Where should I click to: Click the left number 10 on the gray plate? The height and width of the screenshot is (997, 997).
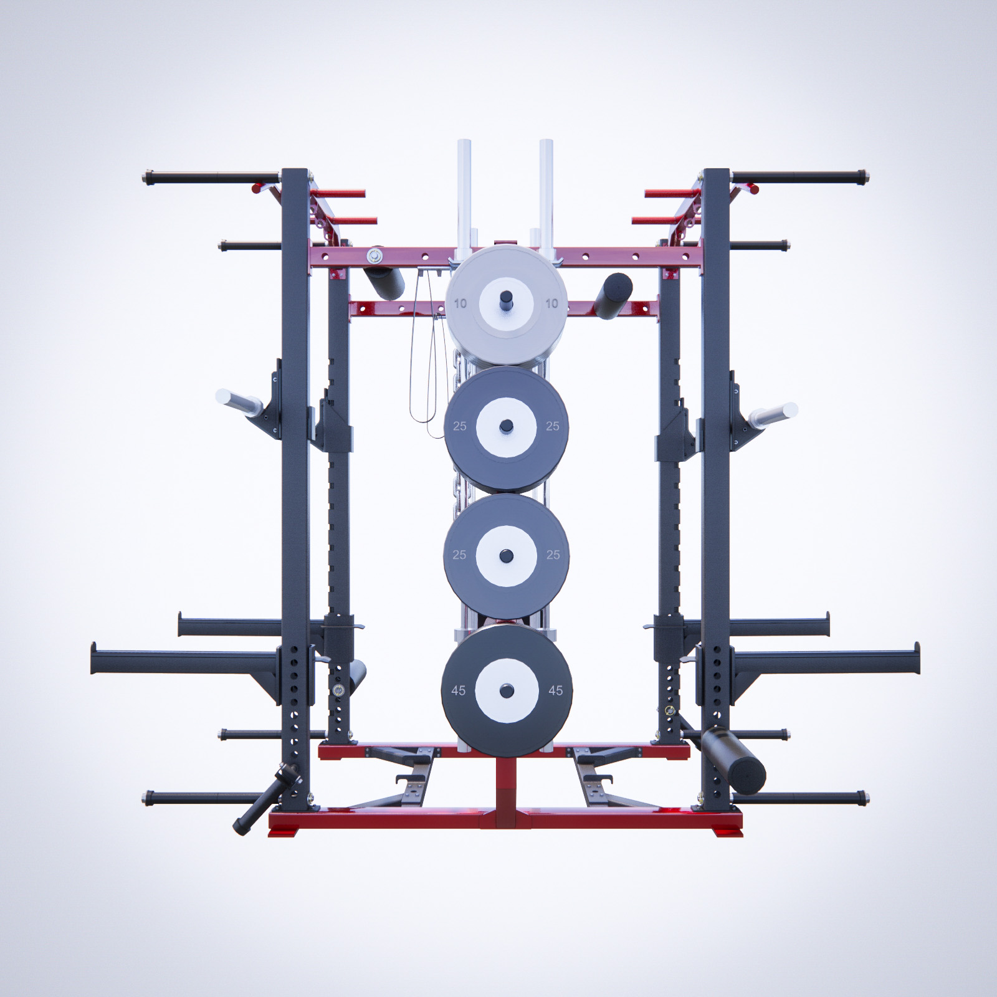(460, 304)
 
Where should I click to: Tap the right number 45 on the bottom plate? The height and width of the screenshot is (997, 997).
(555, 690)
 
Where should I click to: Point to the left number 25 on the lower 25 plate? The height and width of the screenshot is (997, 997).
(459, 555)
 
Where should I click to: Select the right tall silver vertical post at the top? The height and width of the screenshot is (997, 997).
(546, 187)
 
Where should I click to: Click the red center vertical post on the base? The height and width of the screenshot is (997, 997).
(505, 785)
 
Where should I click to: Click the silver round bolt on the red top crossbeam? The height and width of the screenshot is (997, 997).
(374, 255)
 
